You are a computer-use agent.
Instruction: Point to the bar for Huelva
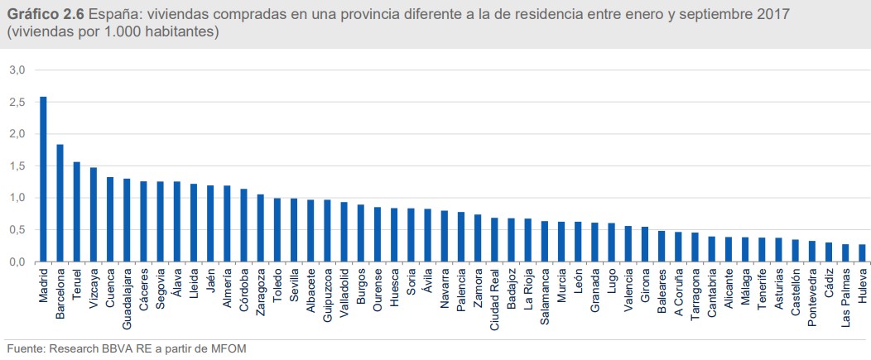(862, 253)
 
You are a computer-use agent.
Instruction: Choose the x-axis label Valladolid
(344, 287)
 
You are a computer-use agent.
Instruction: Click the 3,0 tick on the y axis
(17, 70)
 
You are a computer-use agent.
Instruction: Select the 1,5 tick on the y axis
(17, 166)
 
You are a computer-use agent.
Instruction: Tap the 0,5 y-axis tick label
(17, 230)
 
